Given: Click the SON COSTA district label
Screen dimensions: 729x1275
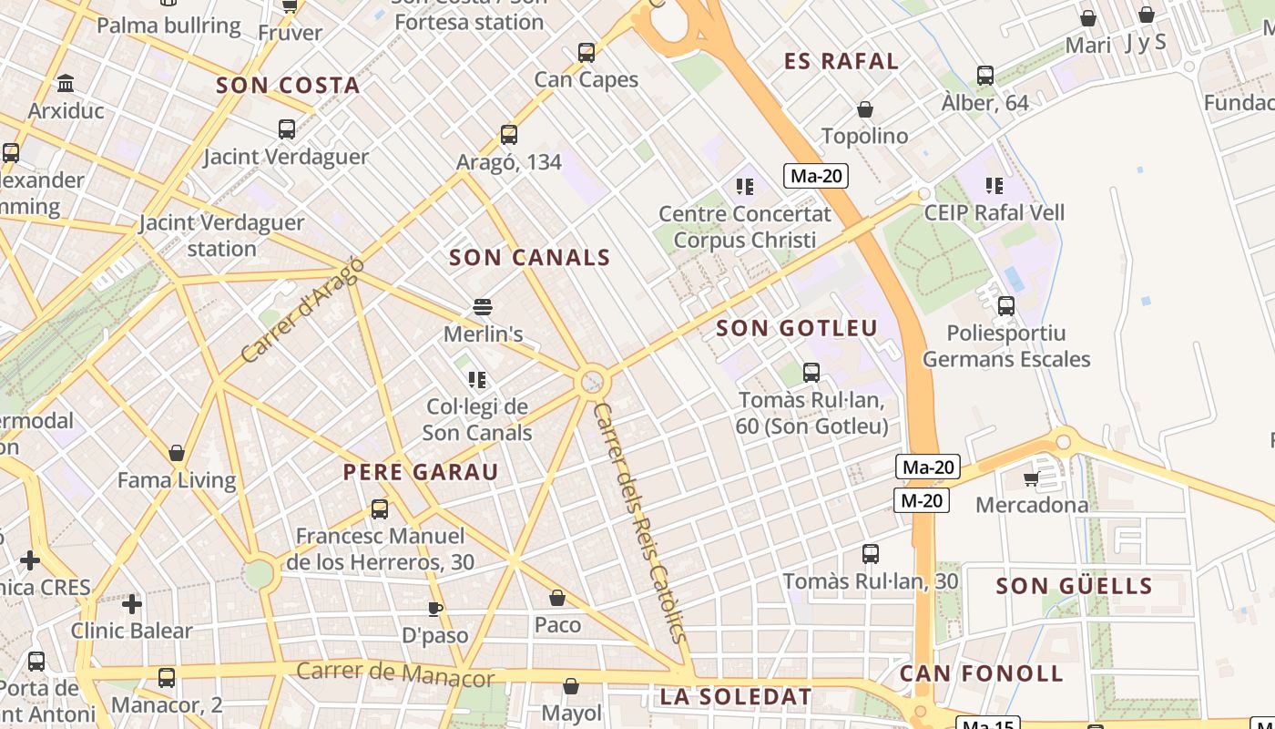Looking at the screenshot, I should (288, 86).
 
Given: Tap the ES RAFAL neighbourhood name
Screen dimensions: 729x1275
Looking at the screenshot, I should (841, 62).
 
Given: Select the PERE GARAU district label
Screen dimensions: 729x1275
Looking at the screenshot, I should (421, 472).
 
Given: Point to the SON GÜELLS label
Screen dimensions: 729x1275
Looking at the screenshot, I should (1075, 586).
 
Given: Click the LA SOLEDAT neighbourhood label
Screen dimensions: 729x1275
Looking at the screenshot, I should (736, 697).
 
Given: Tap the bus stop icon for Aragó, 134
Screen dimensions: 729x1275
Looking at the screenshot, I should (509, 135).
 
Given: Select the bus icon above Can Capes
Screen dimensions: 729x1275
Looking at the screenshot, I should (586, 53).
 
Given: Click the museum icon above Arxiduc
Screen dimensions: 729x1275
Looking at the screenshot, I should (66, 84).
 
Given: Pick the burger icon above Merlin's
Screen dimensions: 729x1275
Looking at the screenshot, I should (483, 307).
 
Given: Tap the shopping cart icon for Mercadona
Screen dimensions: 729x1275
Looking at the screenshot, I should (1031, 478).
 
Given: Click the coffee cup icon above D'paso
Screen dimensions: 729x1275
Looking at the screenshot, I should (435, 608).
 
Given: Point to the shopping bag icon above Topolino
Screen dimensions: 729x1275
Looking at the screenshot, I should (865, 109).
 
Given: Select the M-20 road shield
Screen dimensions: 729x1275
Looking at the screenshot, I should (922, 500).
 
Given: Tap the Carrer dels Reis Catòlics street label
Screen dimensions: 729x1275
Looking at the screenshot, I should (640, 523).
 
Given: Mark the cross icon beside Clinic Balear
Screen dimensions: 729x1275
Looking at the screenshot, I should (132, 603).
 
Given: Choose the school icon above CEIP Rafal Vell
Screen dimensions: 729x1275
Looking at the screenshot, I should (994, 186).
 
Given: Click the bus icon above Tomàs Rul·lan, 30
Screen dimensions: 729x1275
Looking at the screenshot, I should (871, 554).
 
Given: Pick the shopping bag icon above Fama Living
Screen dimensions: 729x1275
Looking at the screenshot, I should (177, 453).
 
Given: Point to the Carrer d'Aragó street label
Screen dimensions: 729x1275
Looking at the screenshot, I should (304, 310).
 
